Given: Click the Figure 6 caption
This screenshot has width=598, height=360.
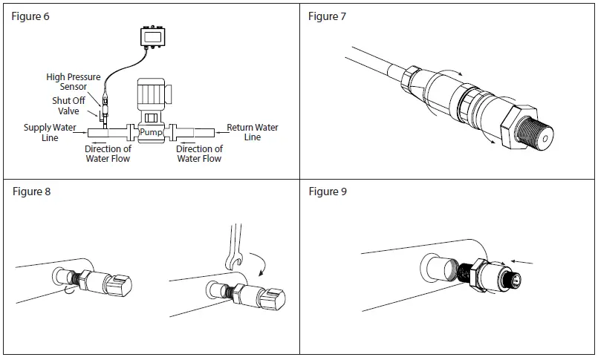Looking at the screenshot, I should click(x=30, y=16).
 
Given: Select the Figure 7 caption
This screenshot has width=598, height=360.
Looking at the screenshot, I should click(x=327, y=16).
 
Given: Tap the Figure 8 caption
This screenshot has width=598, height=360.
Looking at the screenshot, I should click(x=32, y=192).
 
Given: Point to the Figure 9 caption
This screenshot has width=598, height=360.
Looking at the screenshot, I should click(x=328, y=192).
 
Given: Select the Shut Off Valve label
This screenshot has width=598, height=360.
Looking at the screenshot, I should click(x=68, y=106).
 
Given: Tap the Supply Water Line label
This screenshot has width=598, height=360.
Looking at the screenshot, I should click(x=50, y=132).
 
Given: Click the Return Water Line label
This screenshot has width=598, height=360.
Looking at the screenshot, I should click(x=253, y=132).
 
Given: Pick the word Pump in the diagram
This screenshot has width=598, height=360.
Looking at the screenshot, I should click(x=152, y=133).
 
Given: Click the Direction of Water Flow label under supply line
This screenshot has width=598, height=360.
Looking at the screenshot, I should click(x=108, y=154).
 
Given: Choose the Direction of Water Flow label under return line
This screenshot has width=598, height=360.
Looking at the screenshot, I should click(x=198, y=154).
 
